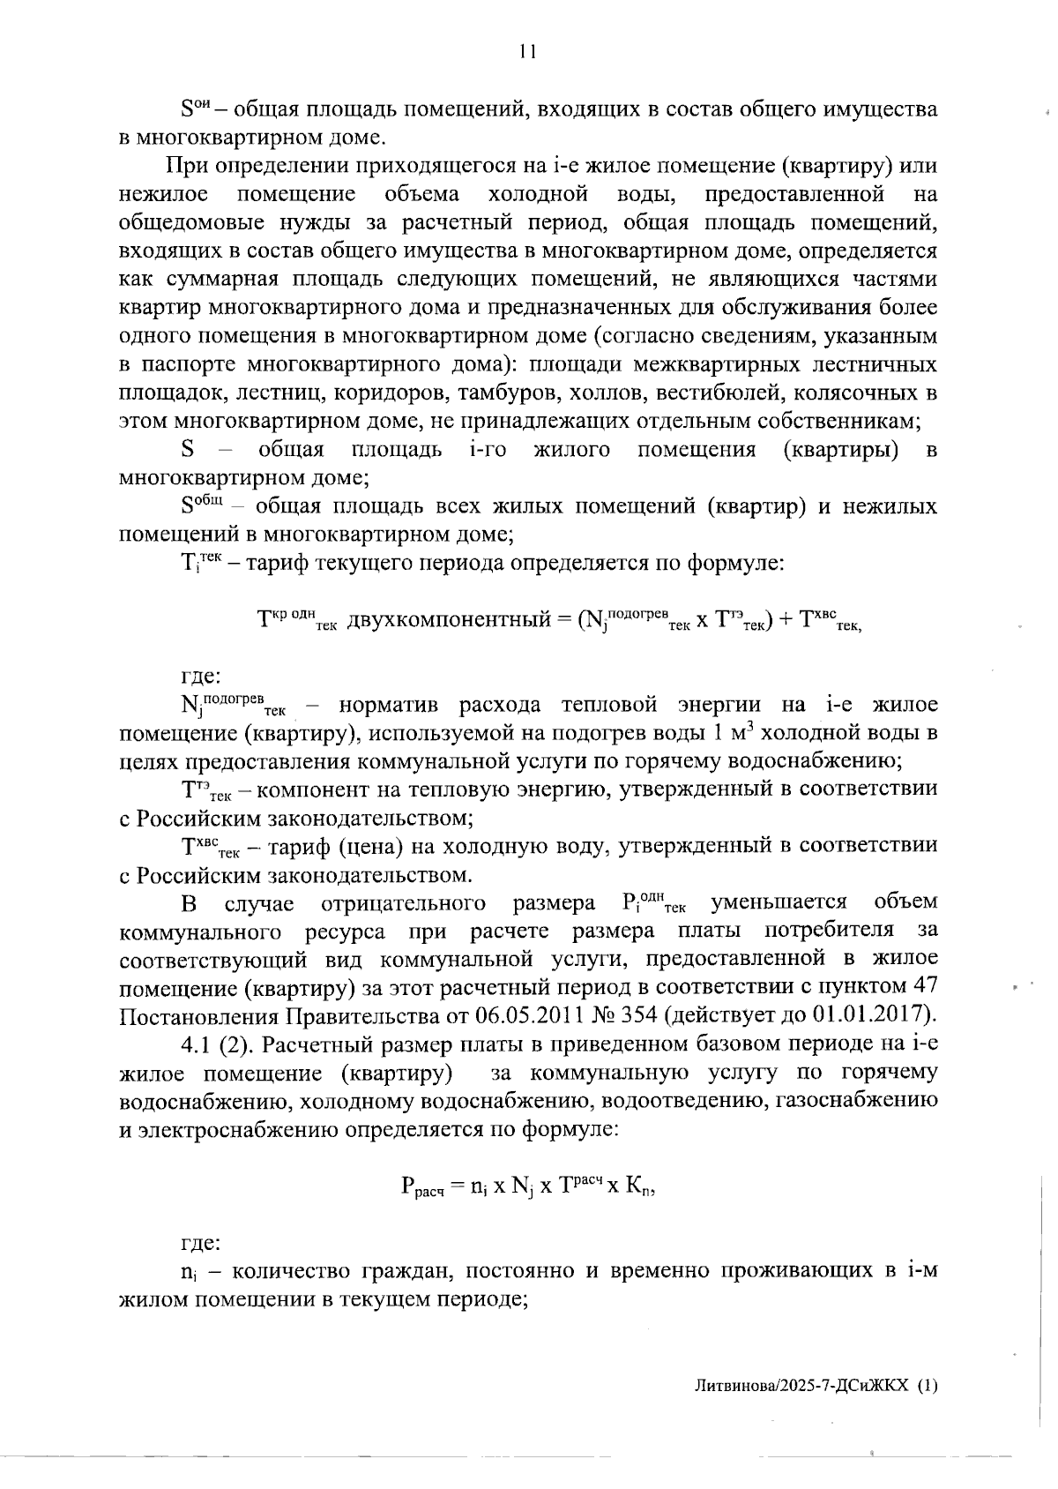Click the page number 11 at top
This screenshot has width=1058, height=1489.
(x=527, y=52)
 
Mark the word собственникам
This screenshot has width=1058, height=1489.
(x=842, y=421)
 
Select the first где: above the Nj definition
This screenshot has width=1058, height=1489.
(x=200, y=677)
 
